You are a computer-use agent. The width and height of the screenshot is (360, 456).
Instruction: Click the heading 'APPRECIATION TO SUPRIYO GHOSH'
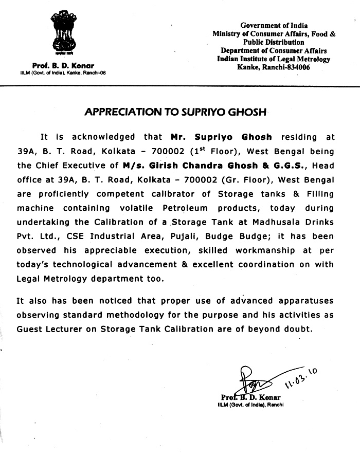[179, 112]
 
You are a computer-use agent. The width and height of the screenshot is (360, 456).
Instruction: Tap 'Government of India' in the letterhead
[274, 25]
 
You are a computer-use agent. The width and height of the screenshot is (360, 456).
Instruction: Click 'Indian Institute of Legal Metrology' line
[274, 59]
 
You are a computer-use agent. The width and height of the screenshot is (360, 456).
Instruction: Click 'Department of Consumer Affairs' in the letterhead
[274, 50]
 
